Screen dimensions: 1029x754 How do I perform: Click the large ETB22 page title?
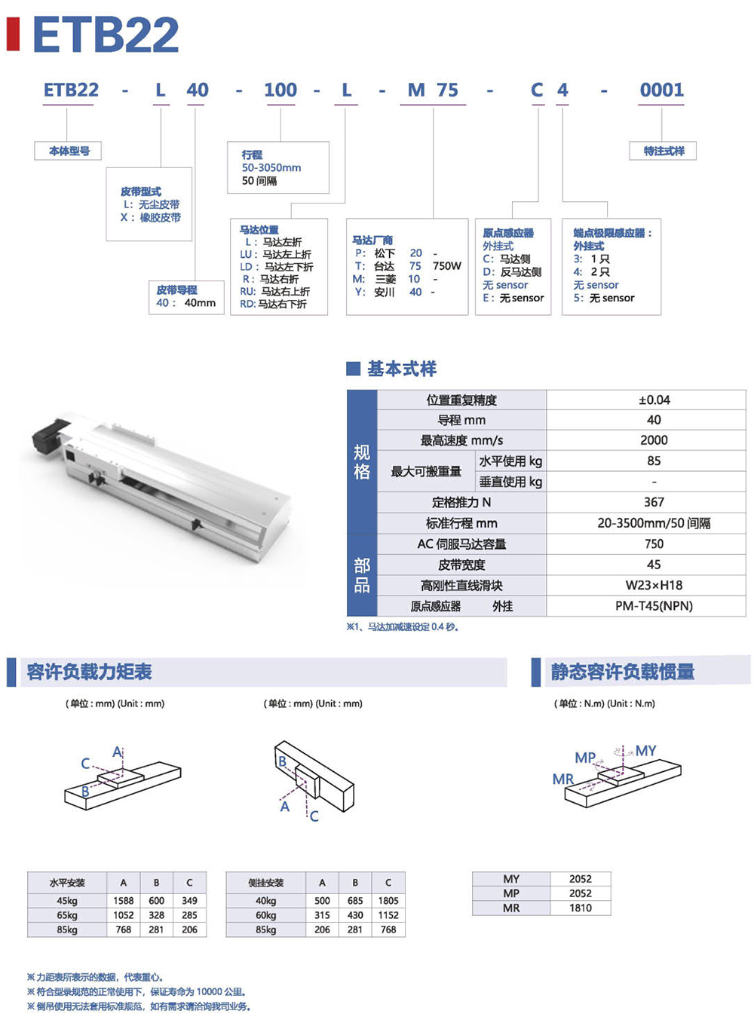click(106, 35)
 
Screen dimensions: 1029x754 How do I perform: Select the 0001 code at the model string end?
click(661, 90)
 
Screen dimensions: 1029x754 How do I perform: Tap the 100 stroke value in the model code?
click(280, 90)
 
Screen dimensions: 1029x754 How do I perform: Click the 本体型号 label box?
click(69, 152)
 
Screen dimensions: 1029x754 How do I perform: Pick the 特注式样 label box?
click(664, 152)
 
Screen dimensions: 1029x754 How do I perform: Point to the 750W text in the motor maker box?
click(447, 266)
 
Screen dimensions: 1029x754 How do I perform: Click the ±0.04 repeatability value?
click(654, 400)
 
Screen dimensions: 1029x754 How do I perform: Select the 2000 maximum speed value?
click(654, 440)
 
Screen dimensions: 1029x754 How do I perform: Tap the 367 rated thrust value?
click(654, 502)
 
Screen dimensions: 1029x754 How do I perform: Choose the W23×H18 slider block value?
click(654, 585)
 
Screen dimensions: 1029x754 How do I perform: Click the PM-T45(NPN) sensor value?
click(654, 606)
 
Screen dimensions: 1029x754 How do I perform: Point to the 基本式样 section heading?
click(401, 369)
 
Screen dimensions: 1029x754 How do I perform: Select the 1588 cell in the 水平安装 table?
click(124, 901)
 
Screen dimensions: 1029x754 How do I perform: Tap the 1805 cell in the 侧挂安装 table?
click(388, 901)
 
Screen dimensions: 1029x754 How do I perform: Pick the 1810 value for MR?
click(580, 908)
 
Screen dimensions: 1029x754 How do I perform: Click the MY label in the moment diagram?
click(645, 751)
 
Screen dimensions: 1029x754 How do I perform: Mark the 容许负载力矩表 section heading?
click(89, 672)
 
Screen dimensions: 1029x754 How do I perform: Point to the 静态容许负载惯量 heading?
click(622, 672)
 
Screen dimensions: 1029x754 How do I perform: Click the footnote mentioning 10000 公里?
click(136, 992)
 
